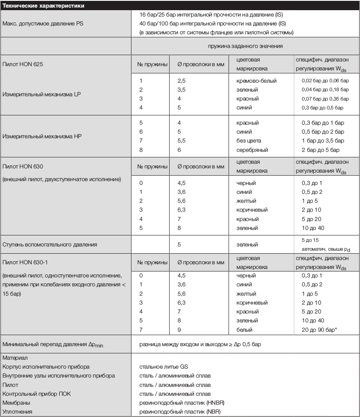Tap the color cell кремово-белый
[257, 81]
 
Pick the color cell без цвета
[249, 141]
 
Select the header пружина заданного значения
[245, 46]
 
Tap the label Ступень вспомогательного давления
[50, 244]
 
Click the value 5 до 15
[310, 240]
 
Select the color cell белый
[245, 330]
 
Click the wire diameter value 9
[179, 330]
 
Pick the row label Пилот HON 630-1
[26, 257]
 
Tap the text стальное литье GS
[164, 367]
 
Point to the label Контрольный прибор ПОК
[36, 394]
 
